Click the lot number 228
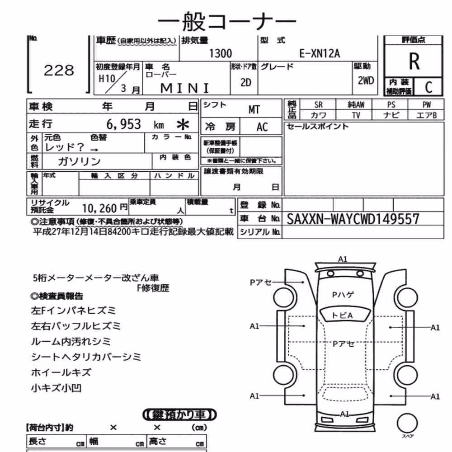point(59,71)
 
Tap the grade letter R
point(414,61)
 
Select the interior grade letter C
point(428,87)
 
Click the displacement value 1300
point(220,53)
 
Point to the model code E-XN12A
point(320,53)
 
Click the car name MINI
point(184,88)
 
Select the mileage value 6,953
point(124,124)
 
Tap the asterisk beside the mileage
point(183,125)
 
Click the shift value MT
point(254,109)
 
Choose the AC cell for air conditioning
point(262,127)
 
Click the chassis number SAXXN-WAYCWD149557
point(353,219)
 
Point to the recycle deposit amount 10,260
point(99,208)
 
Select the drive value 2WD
point(366,81)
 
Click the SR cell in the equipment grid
point(318,104)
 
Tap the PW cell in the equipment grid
point(426,104)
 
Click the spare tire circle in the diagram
point(407,424)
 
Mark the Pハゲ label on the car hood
point(343,295)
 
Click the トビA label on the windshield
point(343,315)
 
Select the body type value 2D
point(245,83)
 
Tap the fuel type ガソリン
point(79,161)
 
